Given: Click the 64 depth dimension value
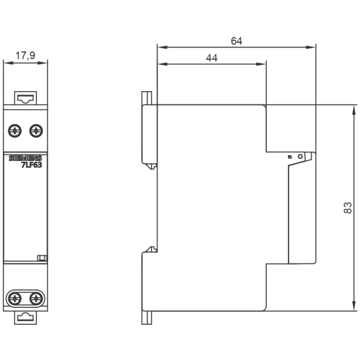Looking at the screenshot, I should [236, 41].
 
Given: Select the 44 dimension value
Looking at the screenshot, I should [211, 58].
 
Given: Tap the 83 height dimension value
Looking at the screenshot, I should [347, 209].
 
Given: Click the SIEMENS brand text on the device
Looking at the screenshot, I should [26, 156].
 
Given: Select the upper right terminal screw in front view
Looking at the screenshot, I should [35, 130].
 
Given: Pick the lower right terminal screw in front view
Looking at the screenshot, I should [35, 297].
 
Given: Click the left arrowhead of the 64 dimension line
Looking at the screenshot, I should [160, 48].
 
